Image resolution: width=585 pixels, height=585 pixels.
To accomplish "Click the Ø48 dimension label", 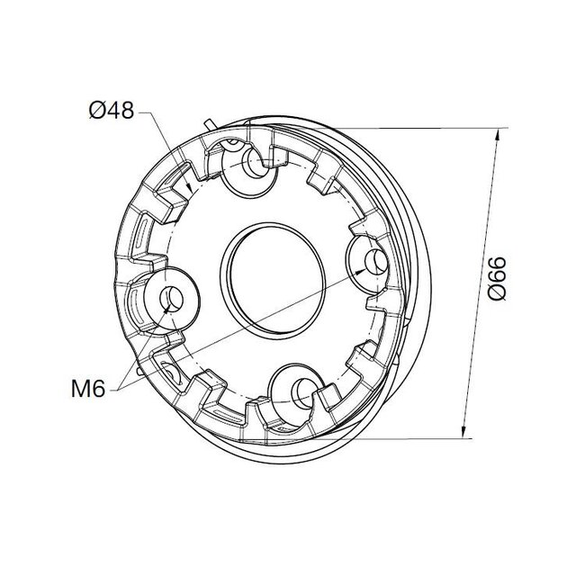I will [111, 112].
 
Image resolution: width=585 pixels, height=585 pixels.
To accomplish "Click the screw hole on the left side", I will [170, 299].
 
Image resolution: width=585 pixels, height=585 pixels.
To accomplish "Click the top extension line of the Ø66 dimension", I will [423, 129].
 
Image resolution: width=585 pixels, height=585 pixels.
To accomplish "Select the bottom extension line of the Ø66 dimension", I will [405, 438].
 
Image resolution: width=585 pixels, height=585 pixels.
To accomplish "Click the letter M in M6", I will [78, 389].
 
